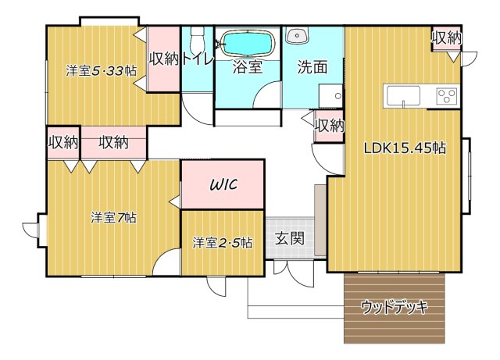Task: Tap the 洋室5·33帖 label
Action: pos(102,70)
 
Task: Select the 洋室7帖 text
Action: pos(112,217)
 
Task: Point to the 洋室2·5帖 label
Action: pos(223,242)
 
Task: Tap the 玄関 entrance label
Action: pos(289,239)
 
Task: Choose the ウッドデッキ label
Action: pos(395,307)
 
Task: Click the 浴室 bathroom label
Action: pos(248,67)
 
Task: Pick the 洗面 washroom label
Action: pos(312,67)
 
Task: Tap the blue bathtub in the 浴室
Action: pos(248,43)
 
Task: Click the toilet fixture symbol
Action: pos(197,37)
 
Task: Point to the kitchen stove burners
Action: pos(447,96)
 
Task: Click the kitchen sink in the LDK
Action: pos(403,96)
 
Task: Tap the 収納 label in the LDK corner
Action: pos(446,37)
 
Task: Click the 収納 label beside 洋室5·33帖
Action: pos(164,59)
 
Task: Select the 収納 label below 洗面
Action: pos(329,125)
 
